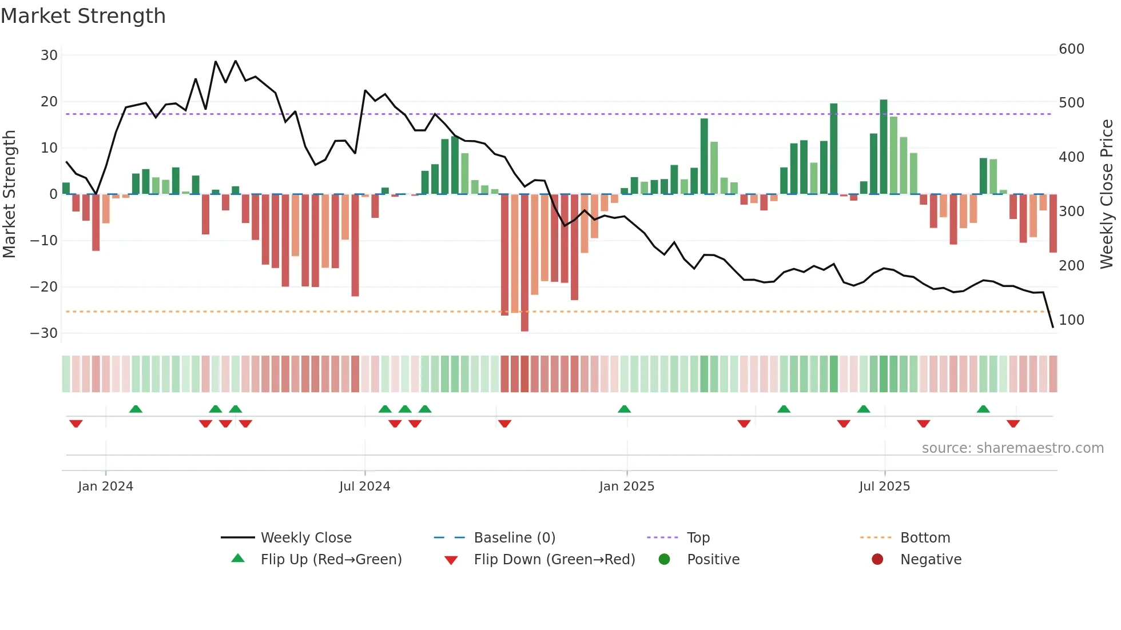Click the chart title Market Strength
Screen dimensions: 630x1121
point(83,16)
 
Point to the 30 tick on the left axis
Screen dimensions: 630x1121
point(49,55)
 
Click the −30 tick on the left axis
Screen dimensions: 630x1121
point(44,333)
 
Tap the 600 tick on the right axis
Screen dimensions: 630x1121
point(1071,49)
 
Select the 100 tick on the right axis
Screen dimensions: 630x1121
point(1071,320)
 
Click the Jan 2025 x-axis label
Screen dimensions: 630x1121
point(626,487)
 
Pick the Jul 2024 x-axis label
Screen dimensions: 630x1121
point(364,487)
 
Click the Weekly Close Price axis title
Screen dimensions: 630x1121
point(1107,194)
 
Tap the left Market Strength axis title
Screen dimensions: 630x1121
point(10,194)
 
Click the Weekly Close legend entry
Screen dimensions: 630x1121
point(306,538)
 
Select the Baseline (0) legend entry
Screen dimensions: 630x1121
point(514,538)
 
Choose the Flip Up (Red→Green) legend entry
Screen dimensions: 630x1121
point(331,560)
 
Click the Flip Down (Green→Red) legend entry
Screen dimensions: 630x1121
point(554,560)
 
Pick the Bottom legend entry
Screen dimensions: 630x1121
point(925,538)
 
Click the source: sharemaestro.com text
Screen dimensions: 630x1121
point(1012,448)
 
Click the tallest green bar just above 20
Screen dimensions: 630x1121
point(884,146)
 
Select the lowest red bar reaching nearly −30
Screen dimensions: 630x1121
point(524,263)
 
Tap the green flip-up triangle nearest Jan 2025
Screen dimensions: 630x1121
point(624,409)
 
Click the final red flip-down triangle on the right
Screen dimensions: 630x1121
point(1013,424)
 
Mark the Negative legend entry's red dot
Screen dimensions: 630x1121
point(877,560)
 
